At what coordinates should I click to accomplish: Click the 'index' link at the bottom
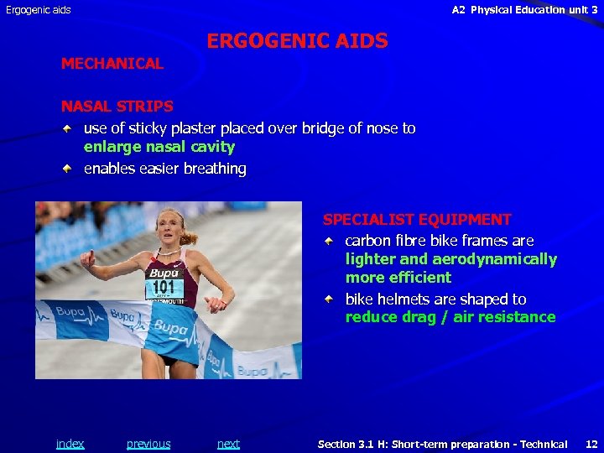(x=70, y=444)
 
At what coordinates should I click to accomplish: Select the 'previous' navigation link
(x=148, y=444)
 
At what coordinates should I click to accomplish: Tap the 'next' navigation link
(x=228, y=444)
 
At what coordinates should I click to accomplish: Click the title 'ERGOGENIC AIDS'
(x=297, y=41)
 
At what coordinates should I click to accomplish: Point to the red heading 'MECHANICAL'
(x=112, y=64)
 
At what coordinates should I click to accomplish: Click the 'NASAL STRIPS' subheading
(x=117, y=107)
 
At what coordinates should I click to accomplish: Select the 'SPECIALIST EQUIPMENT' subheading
(x=417, y=220)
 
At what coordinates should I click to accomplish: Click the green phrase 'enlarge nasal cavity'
(x=159, y=147)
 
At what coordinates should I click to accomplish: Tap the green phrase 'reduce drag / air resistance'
(x=450, y=317)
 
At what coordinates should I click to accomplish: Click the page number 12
(x=591, y=444)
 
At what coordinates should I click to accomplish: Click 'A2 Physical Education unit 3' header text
(x=524, y=10)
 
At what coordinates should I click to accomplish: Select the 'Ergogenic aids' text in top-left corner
(x=39, y=10)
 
